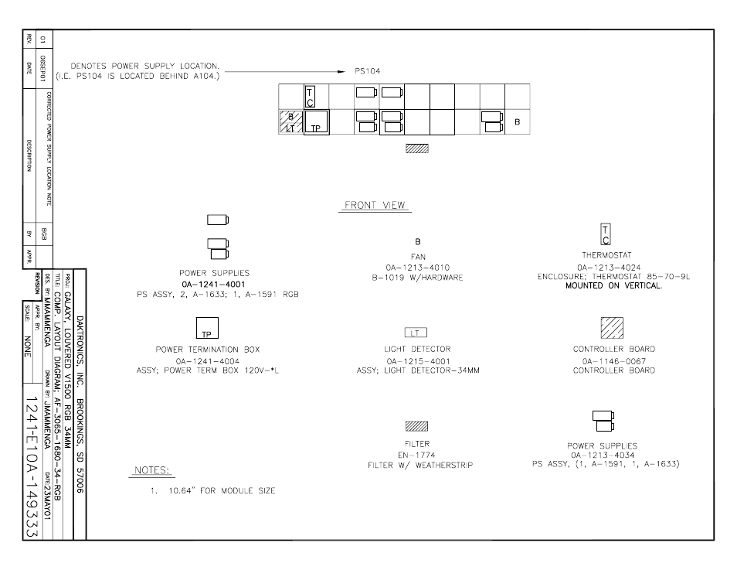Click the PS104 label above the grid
[x=367, y=71]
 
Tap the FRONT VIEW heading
[x=375, y=205]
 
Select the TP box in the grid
[x=316, y=122]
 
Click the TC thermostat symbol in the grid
[x=311, y=97]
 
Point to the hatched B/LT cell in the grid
[x=291, y=122]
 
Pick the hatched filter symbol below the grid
[x=417, y=148]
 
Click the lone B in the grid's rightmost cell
[x=517, y=122]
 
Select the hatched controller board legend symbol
[x=612, y=328]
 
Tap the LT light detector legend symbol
[x=416, y=333]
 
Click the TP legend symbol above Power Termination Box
[x=207, y=328]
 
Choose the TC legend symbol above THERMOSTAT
[x=606, y=234]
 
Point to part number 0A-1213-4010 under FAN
[x=417, y=268]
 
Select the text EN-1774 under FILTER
[x=416, y=456]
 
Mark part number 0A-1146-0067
[x=614, y=361]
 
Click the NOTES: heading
[x=151, y=470]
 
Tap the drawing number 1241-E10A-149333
[x=32, y=466]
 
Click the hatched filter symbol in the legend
[x=416, y=426]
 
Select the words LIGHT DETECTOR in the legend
[x=417, y=349]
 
